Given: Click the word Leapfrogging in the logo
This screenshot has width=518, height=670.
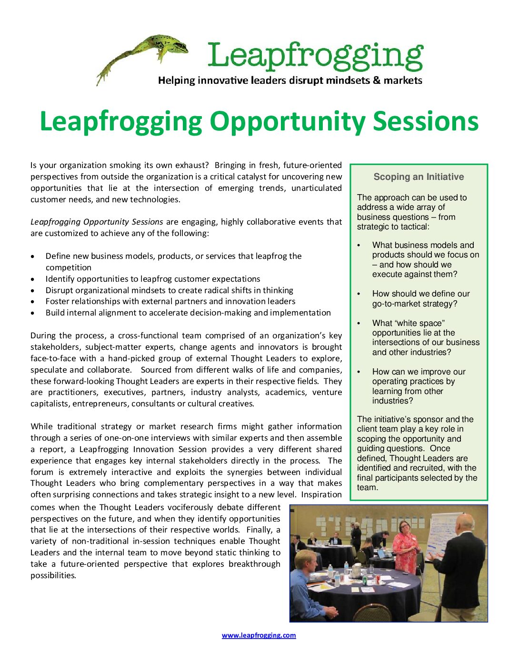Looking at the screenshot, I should point(315,56).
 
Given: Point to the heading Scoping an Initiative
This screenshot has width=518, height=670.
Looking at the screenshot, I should point(418,177).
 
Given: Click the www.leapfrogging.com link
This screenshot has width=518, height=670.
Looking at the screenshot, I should point(259,635).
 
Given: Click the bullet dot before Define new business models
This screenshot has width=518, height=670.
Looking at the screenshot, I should point(32,256).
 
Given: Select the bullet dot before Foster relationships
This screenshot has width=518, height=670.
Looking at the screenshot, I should point(32,302).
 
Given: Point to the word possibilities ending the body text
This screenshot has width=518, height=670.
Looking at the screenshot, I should point(53,575).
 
